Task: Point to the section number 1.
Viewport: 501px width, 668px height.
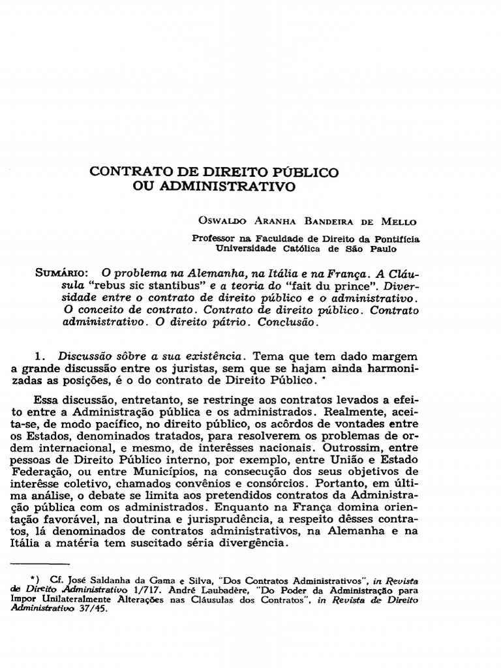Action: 42,357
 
